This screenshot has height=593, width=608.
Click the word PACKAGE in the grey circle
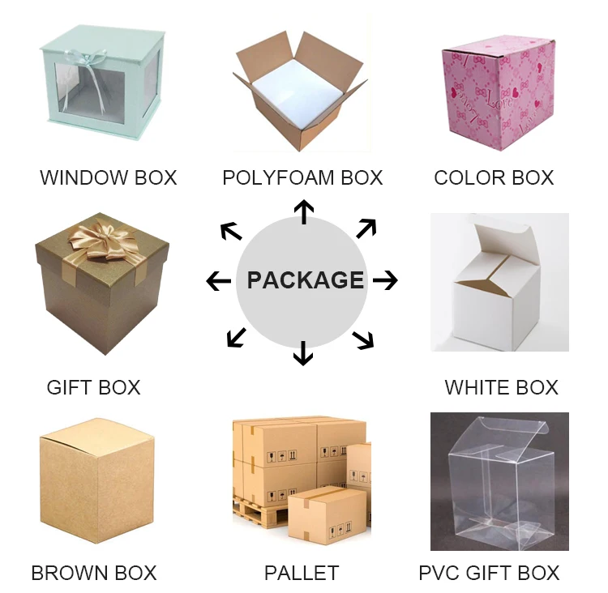point(305,280)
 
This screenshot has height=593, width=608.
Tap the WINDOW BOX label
point(108,177)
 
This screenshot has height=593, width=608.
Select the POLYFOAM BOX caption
point(302,177)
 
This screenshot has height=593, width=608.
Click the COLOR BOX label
point(494,177)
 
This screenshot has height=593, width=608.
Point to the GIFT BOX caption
point(93,387)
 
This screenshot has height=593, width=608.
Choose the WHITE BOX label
point(501,387)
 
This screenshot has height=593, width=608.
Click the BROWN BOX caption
point(93,573)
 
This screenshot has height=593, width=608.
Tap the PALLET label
point(301,573)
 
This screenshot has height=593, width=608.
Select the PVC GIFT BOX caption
point(489,573)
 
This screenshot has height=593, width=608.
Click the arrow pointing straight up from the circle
point(303,212)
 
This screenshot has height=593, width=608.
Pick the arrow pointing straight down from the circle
point(303,352)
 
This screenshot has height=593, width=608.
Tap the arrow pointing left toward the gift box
point(218,281)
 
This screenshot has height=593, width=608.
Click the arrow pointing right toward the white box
point(386,281)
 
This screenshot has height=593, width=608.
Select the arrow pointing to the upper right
point(366,228)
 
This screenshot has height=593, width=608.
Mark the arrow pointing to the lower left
point(237,336)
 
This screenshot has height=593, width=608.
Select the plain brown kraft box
point(96,482)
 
